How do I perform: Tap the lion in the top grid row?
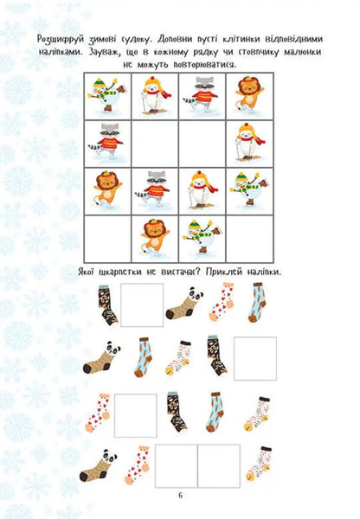(247, 95)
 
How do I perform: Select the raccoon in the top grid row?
(201, 95)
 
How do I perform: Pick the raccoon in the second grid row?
(107, 142)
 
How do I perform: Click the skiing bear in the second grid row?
(247, 142)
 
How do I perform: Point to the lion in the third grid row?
(107, 189)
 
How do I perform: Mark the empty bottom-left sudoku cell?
(107, 236)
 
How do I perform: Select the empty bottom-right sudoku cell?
(247, 236)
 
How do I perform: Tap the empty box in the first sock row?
(142, 304)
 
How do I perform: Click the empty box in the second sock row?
(255, 358)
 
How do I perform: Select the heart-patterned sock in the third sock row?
(100, 413)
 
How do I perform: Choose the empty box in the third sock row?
(137, 414)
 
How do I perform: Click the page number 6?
(180, 495)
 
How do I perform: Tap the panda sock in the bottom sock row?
(98, 465)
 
